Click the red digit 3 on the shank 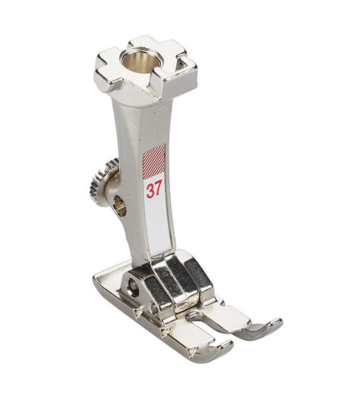coord(149,190)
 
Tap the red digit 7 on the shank coord(158,189)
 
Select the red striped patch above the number coord(154,162)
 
